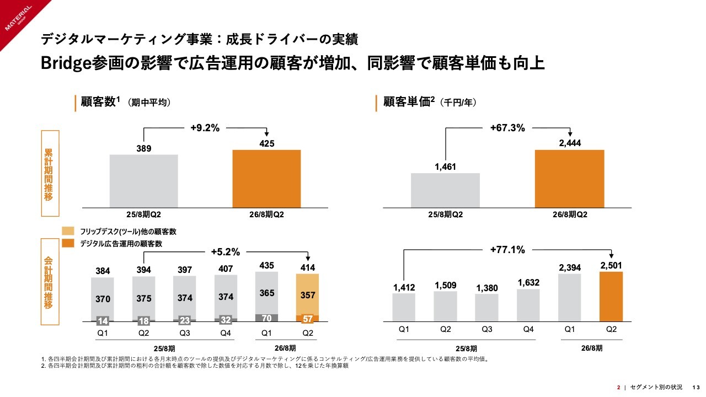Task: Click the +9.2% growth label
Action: tap(205, 128)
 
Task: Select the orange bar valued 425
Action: tap(266, 179)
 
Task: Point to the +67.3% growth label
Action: tap(507, 128)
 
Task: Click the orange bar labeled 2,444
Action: tap(569, 179)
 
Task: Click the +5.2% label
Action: tap(226, 252)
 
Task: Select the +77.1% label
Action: tap(507, 250)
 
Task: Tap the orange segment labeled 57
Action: tap(307, 319)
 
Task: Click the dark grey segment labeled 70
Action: tap(266, 318)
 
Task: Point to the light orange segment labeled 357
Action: tap(307, 294)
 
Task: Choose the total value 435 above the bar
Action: tap(266, 266)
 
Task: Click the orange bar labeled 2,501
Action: tap(611, 297)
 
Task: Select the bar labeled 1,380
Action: tap(486, 308)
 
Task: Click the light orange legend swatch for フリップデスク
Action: tap(68, 231)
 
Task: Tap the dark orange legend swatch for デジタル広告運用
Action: tap(68, 243)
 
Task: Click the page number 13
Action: tap(696, 387)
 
